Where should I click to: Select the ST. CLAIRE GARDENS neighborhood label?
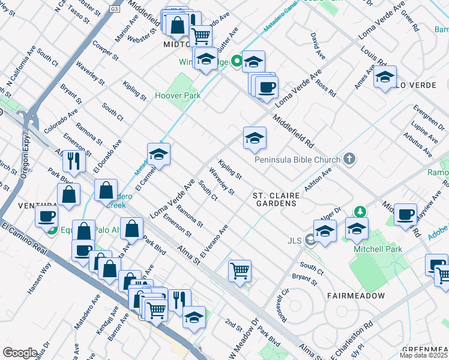tap(275, 200)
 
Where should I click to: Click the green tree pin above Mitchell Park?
tap(360, 211)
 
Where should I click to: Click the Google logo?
tap(20, 353)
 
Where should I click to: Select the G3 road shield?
tap(114, 10)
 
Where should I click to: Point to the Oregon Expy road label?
tap(25, 161)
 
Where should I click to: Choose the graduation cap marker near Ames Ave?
tap(385, 77)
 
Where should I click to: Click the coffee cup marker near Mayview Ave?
tap(406, 214)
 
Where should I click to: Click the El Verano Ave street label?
tap(214, 241)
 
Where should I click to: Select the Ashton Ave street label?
tap(318, 179)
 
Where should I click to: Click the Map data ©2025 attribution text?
tap(424, 355)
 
